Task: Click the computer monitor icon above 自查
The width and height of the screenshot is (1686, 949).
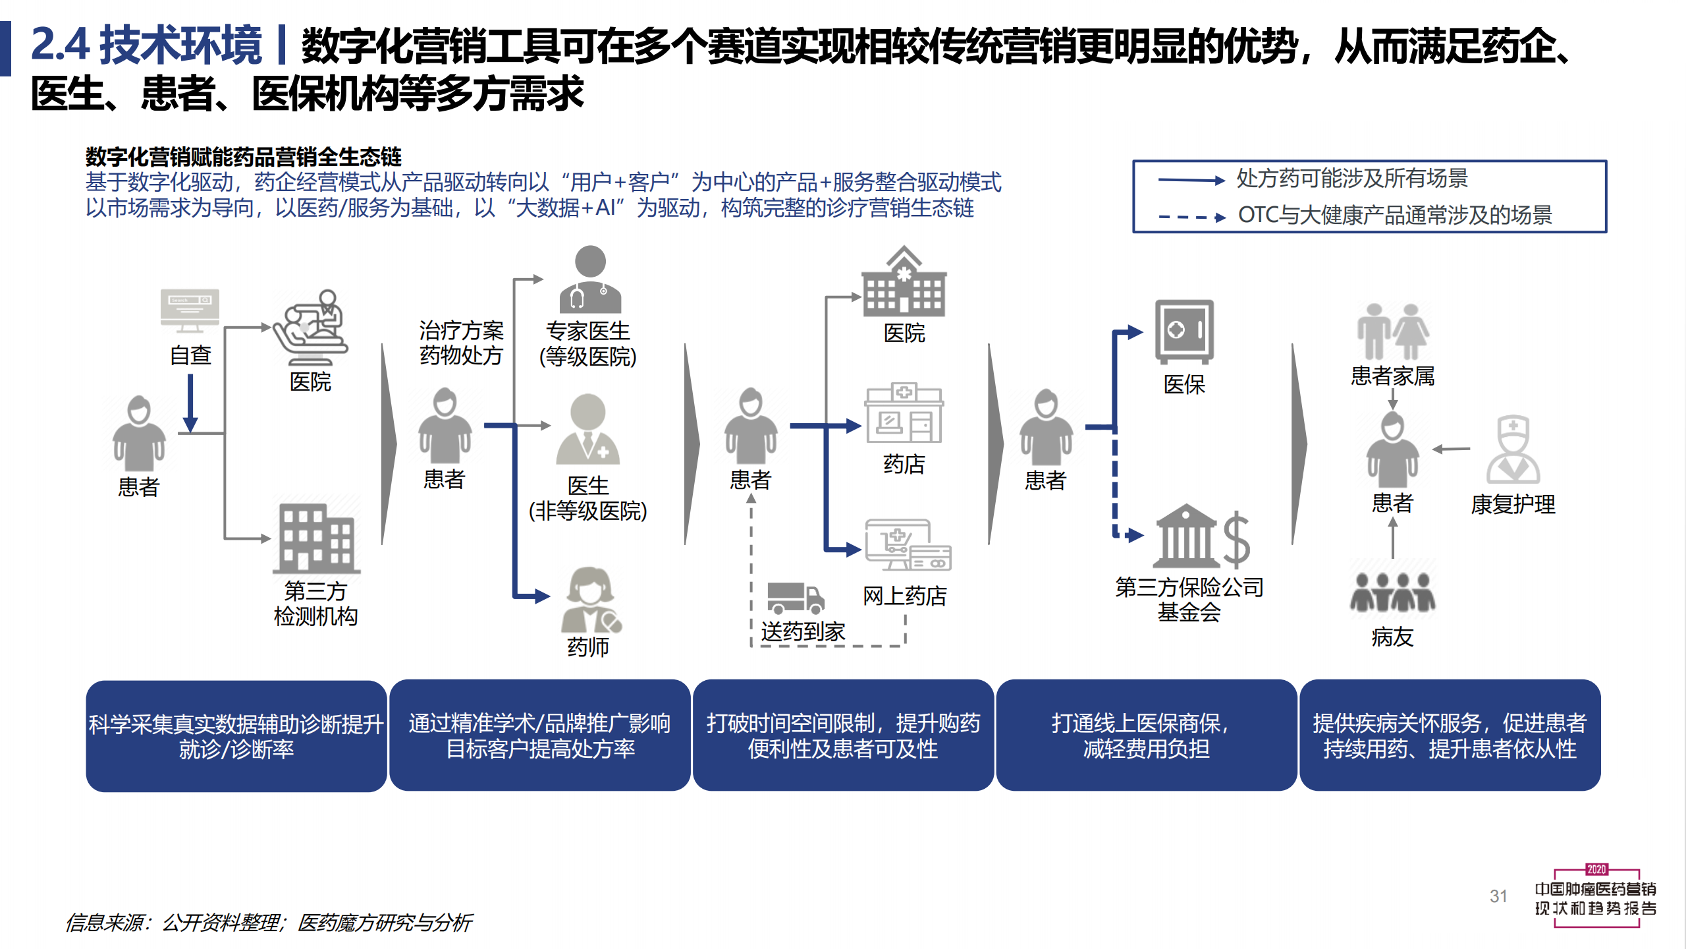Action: coord(190,310)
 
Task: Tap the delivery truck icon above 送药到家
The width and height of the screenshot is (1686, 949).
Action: coord(796,598)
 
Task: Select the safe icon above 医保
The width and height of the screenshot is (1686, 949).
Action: coord(1184,331)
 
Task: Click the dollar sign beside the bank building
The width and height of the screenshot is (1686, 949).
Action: coord(1236,540)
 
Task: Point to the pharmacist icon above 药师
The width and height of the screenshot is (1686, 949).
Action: coord(591,600)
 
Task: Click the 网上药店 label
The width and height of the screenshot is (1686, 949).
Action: coord(905,596)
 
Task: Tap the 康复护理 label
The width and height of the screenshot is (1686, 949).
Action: coord(1513,505)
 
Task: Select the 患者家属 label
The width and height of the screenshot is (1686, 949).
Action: coord(1392,376)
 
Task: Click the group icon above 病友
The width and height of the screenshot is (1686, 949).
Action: coord(1392,591)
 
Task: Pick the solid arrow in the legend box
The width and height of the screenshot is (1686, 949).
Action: coord(1191,180)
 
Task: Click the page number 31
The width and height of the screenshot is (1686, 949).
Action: coord(1498,896)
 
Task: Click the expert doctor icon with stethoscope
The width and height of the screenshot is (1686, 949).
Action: coord(590,279)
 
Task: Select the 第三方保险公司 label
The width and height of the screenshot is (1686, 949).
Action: coord(1189,587)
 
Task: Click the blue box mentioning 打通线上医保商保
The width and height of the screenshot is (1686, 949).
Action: coord(1147,735)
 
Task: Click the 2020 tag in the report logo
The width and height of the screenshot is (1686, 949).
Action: coord(1596,869)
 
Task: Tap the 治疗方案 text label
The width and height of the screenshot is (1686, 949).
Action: coord(461,331)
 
